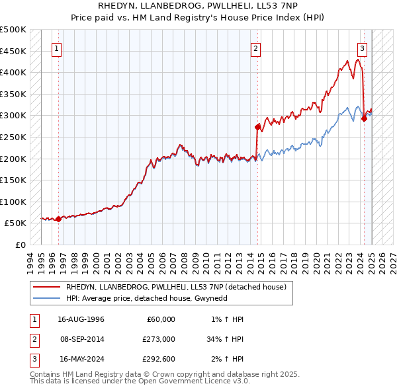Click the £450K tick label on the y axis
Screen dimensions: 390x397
click(13, 51)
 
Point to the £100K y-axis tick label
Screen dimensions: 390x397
click(13, 202)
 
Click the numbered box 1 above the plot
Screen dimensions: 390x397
click(57, 48)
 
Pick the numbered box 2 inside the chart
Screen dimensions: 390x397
click(255, 48)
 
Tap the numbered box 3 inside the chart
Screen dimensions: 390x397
click(362, 48)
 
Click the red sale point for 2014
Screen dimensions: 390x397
click(258, 126)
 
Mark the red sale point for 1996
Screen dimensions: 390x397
click(58, 219)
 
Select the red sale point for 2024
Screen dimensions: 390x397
click(364, 118)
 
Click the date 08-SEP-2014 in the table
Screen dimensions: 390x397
click(82, 339)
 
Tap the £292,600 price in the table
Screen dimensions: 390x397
click(159, 359)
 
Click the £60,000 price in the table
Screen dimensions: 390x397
click(159, 319)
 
